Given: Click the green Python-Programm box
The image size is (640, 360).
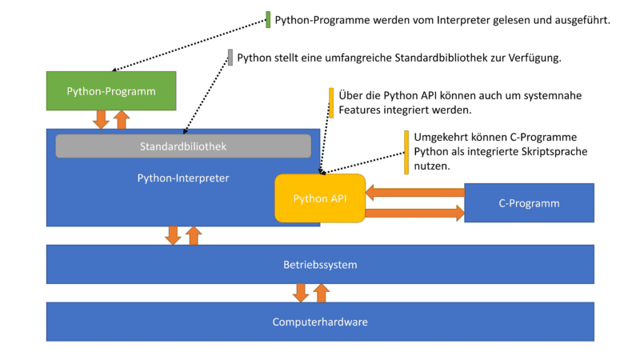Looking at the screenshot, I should pyautogui.click(x=110, y=91).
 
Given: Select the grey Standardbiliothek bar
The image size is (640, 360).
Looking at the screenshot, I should pyautogui.click(x=183, y=146).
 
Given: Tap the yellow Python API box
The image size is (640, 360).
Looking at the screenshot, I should pyautogui.click(x=320, y=198).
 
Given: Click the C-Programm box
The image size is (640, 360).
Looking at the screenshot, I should pyautogui.click(x=529, y=203).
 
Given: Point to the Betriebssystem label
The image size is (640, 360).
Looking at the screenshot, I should pyautogui.click(x=320, y=264).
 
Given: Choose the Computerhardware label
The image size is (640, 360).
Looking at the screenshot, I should pyautogui.click(x=320, y=322).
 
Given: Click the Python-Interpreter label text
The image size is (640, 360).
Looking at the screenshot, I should pyautogui.click(x=183, y=178).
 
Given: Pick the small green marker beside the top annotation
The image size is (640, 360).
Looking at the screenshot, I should pyautogui.click(x=268, y=20).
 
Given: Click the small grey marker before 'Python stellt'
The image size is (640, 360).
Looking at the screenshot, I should pyautogui.click(x=230, y=58).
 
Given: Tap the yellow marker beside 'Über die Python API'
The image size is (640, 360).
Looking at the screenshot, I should pyautogui.click(x=331, y=102).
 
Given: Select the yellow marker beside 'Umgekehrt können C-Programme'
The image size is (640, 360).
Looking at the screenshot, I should pyautogui.click(x=406, y=152).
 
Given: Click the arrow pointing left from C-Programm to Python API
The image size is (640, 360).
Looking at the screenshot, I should pyautogui.click(x=415, y=192).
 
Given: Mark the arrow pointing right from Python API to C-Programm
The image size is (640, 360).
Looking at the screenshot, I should pyautogui.click(x=415, y=213).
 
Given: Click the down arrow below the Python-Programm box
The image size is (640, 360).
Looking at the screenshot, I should pyautogui.click(x=101, y=119).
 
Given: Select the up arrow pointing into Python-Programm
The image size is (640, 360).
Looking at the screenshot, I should pyautogui.click(x=121, y=119).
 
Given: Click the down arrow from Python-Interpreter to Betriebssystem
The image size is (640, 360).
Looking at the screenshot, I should pyautogui.click(x=172, y=235).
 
